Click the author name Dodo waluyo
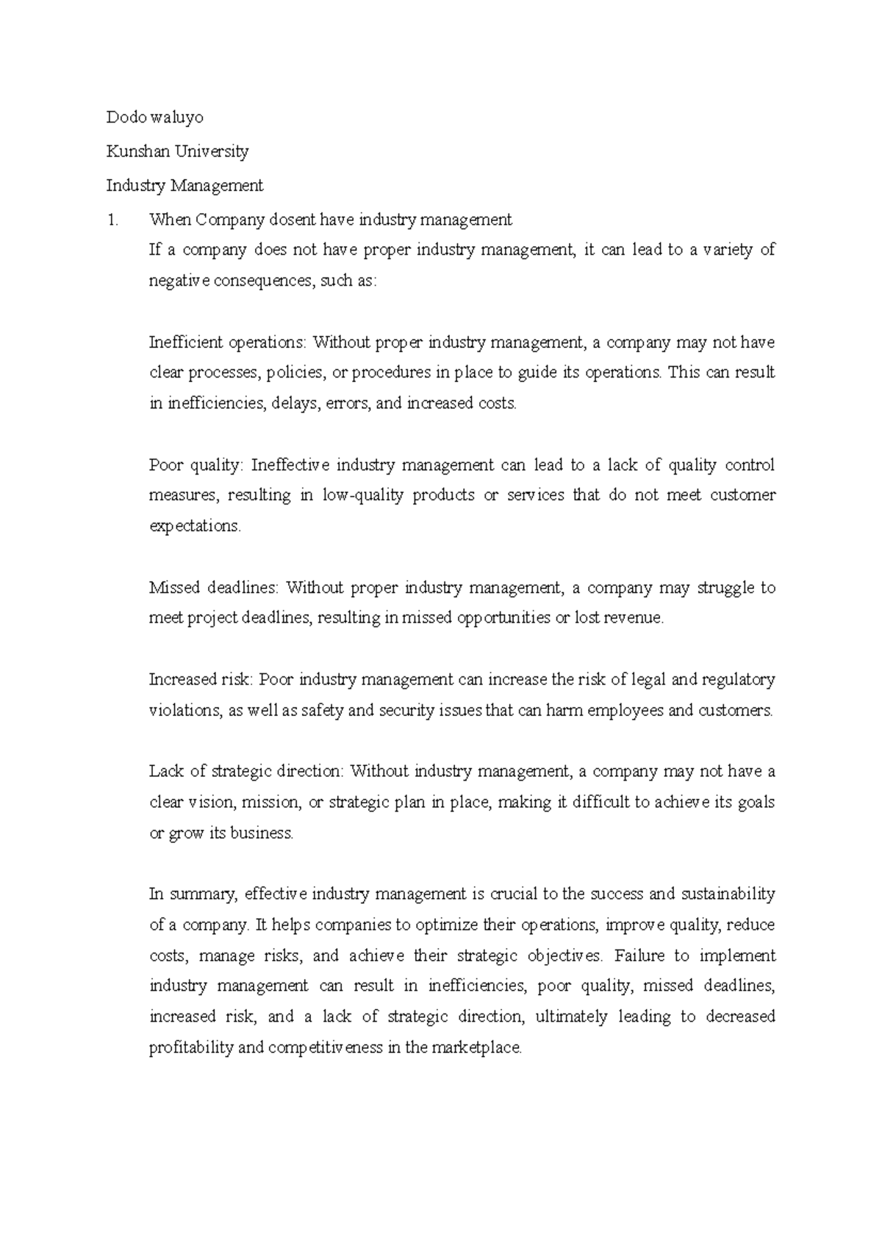click(x=154, y=118)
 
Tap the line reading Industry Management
click(x=184, y=186)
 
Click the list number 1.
click(x=111, y=220)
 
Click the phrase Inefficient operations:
click(x=228, y=342)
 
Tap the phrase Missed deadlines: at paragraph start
click(x=214, y=588)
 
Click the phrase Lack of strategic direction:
click(x=246, y=772)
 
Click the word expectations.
click(x=195, y=527)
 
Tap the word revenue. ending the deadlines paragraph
click(x=633, y=618)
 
